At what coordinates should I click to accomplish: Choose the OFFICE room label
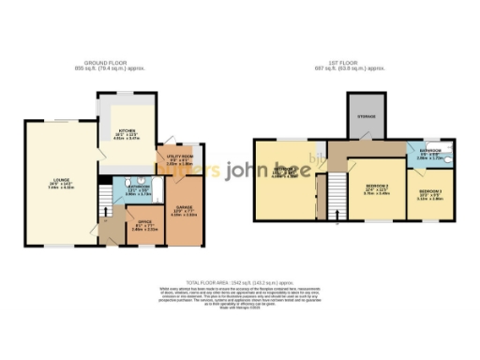click(144, 223)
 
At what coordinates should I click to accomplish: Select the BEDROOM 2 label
click(376, 187)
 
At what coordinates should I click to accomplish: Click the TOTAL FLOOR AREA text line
click(240, 281)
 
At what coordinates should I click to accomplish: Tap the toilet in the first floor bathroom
click(447, 160)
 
